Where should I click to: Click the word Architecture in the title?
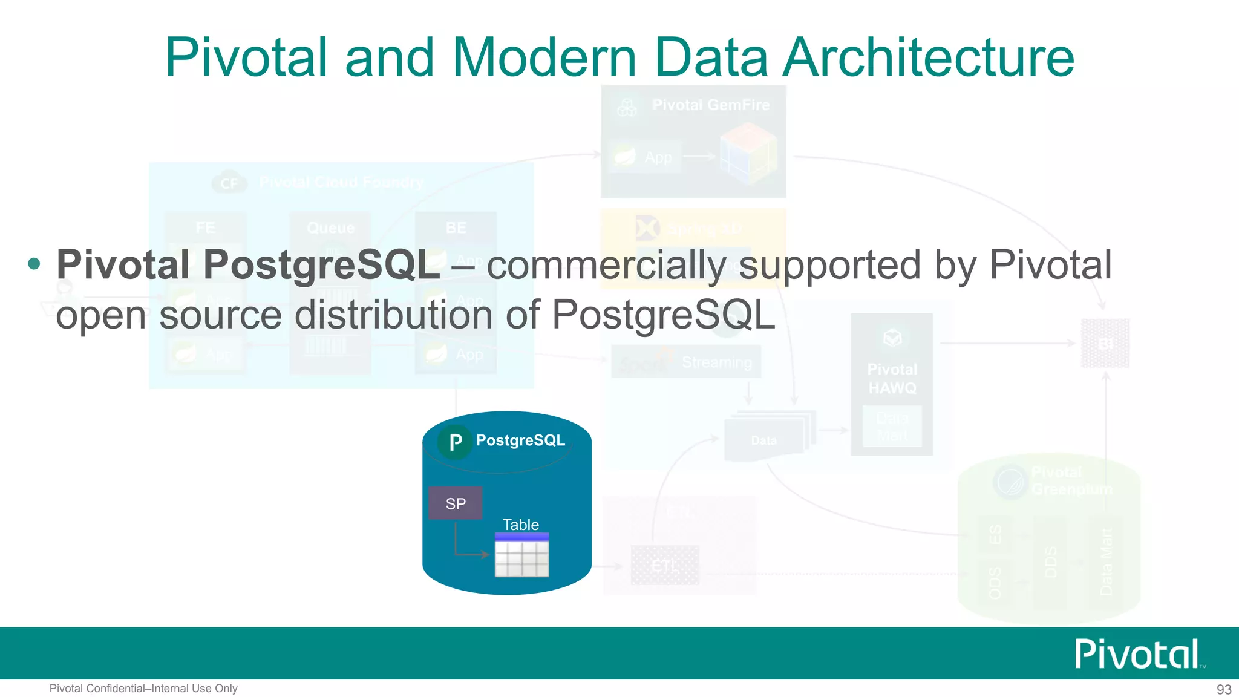coord(929,57)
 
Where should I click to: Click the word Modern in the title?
coord(544,57)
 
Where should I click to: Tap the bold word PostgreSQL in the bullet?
coord(321,265)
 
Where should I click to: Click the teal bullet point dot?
coord(34,264)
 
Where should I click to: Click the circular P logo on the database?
coord(455,442)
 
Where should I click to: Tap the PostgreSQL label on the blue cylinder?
coord(520,440)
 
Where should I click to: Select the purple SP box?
coord(456,503)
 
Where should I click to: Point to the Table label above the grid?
coord(520,525)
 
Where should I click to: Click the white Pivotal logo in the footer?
coord(1137,654)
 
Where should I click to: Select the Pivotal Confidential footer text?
coord(143,689)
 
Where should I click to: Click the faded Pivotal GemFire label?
coord(711,105)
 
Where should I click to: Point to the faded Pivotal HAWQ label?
coord(892,379)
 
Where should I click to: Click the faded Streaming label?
coord(717,362)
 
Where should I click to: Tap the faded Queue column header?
coord(330,228)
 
